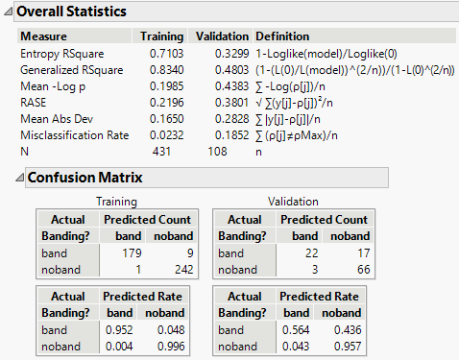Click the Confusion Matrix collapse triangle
click(x=19, y=179)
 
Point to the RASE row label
click(x=35, y=103)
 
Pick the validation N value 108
click(x=220, y=152)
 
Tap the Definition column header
click(x=282, y=36)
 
